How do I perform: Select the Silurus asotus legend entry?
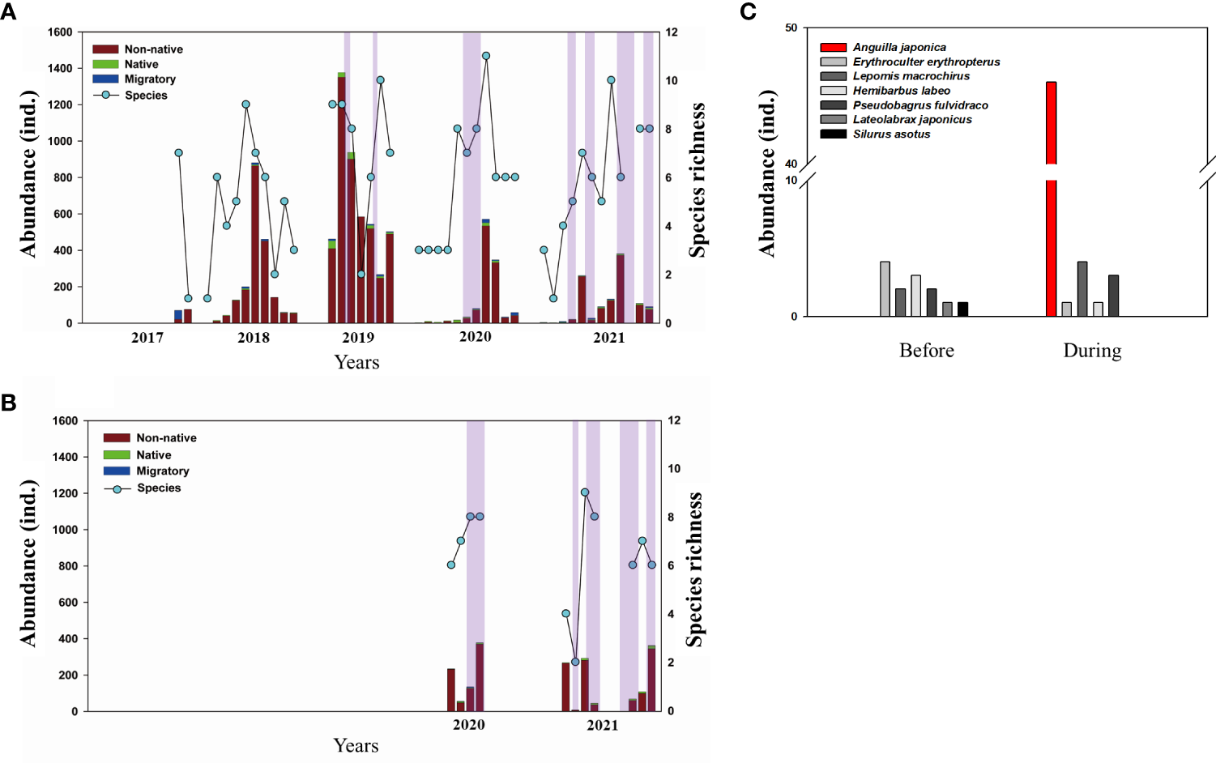click(891, 134)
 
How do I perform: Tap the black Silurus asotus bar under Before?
click(962, 309)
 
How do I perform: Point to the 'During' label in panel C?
click(1092, 351)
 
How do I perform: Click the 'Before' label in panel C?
click(926, 351)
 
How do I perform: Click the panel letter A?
click(8, 11)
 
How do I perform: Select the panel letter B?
click(8, 403)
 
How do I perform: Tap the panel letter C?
click(748, 11)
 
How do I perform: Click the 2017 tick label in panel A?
click(147, 338)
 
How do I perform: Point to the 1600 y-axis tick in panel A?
click(60, 32)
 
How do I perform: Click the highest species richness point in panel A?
click(486, 56)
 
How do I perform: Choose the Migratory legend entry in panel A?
click(149, 79)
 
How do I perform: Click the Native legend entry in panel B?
click(153, 455)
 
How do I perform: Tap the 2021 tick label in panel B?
click(602, 725)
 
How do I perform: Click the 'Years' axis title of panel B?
click(356, 745)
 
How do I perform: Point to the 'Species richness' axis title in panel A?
click(697, 180)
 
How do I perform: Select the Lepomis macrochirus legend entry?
click(911, 76)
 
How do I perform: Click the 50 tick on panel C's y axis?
click(791, 28)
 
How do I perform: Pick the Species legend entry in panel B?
click(158, 488)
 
